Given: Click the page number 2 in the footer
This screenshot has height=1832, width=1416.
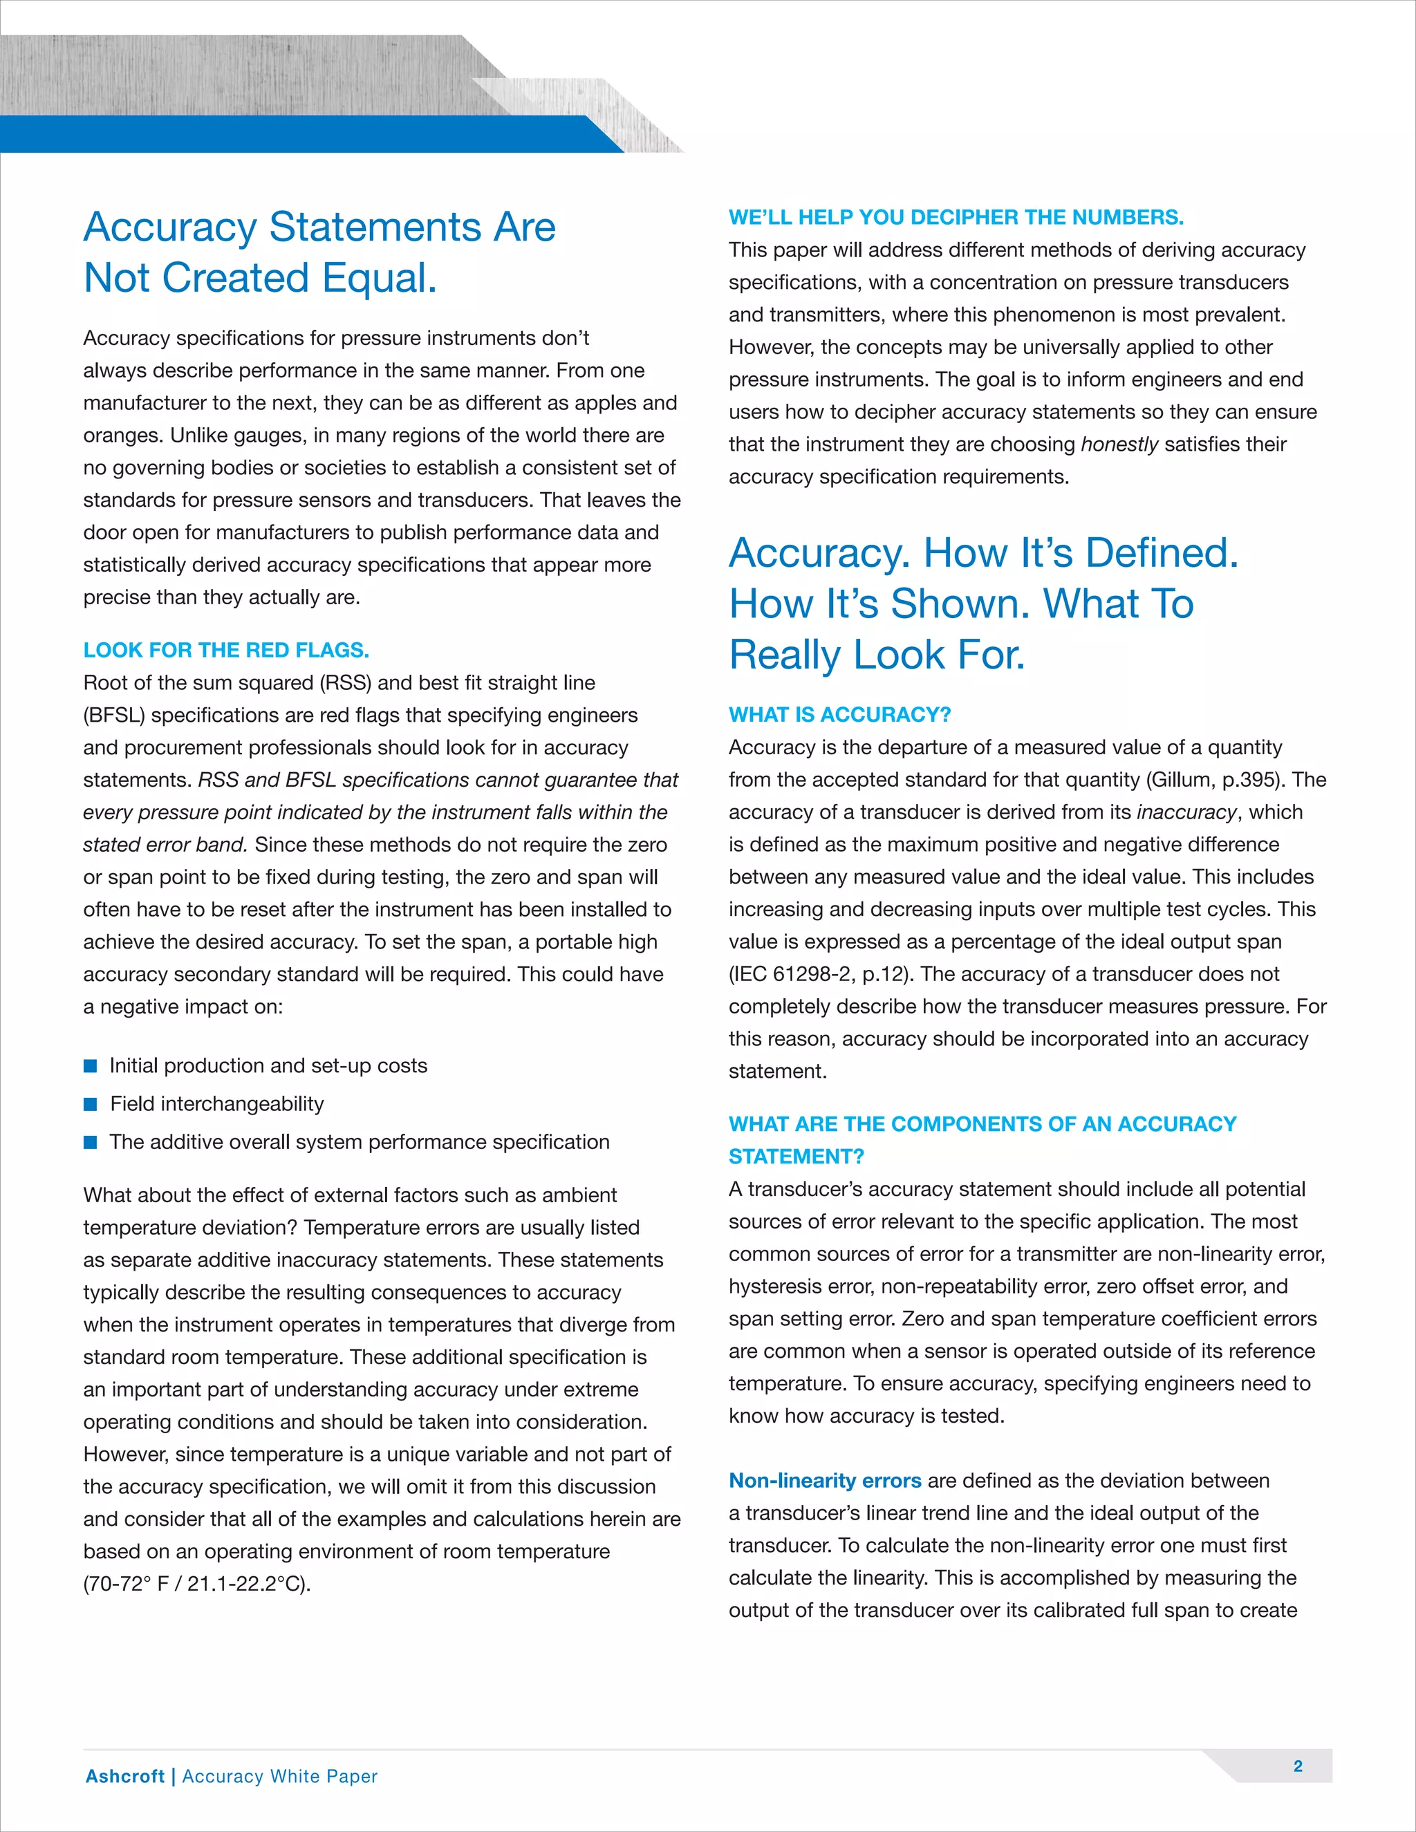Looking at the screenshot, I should [x=1298, y=1766].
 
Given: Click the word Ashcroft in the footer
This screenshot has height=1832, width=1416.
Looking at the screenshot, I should [x=125, y=1776].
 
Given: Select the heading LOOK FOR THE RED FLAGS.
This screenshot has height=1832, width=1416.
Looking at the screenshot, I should [x=225, y=650].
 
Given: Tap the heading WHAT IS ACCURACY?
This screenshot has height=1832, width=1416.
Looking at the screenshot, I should [x=839, y=715].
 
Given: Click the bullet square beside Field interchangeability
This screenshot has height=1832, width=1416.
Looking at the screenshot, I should [x=91, y=1104].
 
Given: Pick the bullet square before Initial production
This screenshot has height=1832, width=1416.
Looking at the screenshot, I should [x=91, y=1066].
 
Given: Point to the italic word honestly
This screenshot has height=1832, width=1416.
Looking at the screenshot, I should [x=1119, y=445].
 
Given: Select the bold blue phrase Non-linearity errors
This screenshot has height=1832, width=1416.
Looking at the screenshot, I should [x=825, y=1481].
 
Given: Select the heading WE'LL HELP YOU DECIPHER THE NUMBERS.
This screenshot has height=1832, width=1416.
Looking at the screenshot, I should [x=956, y=217].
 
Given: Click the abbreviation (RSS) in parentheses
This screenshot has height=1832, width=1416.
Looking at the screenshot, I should [x=345, y=683].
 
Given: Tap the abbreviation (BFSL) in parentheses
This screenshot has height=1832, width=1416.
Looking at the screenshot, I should [x=114, y=716].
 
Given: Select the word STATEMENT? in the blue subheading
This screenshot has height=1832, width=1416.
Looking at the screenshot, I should [x=796, y=1157].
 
